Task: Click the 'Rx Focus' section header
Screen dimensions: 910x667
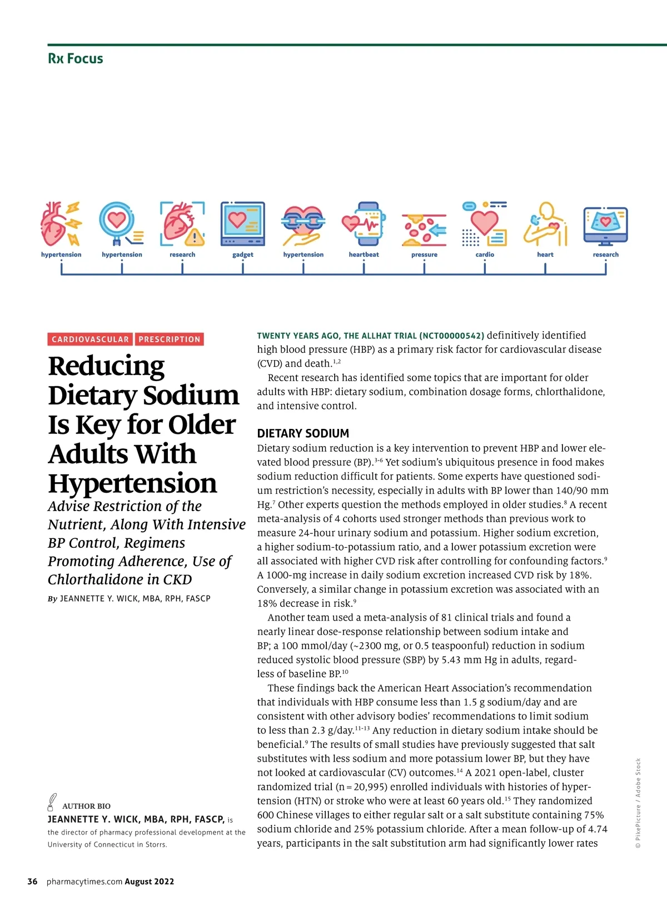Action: [x=76, y=58]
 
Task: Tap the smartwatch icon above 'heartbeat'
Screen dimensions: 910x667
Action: [x=364, y=224]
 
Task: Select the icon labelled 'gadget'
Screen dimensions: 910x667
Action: [x=243, y=224]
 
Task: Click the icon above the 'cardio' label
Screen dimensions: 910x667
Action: [x=485, y=224]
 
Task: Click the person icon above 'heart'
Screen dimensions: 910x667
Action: [x=545, y=224]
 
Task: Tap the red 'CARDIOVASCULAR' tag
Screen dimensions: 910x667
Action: [x=90, y=339]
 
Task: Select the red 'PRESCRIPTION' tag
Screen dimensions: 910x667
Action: [x=170, y=339]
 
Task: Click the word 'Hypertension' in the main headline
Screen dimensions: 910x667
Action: [x=132, y=483]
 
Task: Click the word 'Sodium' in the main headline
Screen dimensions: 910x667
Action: [x=191, y=395]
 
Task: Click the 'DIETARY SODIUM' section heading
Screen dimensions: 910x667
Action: [x=303, y=433]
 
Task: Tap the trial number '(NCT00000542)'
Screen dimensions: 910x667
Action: [x=452, y=336]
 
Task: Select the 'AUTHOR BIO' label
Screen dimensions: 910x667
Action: [x=86, y=806]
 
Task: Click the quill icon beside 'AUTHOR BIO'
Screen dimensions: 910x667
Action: [x=52, y=802]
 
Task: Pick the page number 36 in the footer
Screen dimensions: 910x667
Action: [x=33, y=882]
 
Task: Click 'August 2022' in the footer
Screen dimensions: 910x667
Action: [x=150, y=882]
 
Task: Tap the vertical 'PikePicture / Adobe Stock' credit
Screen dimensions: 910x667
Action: [x=638, y=803]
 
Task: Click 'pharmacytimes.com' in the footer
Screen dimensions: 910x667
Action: [x=84, y=882]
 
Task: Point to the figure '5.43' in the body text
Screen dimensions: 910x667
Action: [x=452, y=660]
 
